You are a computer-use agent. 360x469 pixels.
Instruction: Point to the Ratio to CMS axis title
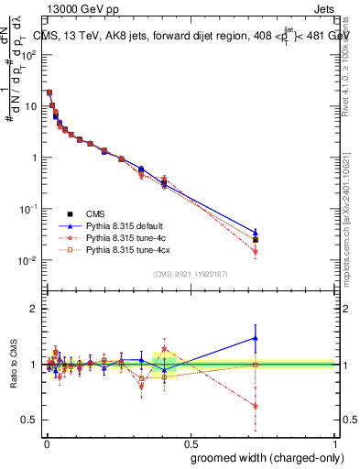(13, 364)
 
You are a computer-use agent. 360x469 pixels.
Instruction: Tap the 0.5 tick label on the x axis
(191, 442)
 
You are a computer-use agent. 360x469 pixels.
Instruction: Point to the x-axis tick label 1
(335, 442)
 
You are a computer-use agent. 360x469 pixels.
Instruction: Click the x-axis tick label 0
(46, 442)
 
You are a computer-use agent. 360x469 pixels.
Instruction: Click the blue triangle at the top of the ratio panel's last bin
(256, 338)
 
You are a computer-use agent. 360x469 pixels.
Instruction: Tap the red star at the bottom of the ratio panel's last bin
(256, 406)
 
